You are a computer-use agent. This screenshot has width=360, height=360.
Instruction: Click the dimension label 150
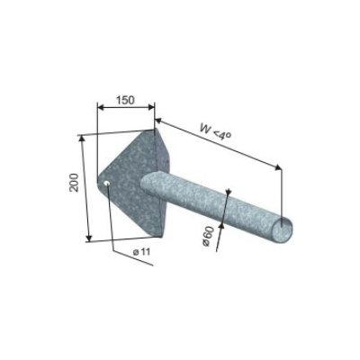pos(125,100)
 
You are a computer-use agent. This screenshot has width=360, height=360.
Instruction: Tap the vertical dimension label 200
pos(74,183)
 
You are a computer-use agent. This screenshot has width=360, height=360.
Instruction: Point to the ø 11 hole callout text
pos(141,251)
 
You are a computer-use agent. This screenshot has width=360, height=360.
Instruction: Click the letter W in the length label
pos(206,129)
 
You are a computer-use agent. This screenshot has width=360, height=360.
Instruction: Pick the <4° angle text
pos(223,136)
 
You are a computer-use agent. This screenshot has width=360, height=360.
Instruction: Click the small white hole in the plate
pos(106,184)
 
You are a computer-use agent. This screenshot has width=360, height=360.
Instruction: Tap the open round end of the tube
pos(283,229)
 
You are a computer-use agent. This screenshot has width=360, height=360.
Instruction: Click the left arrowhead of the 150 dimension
pos(101,107)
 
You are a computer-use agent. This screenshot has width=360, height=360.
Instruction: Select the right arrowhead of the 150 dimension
pos(151,107)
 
